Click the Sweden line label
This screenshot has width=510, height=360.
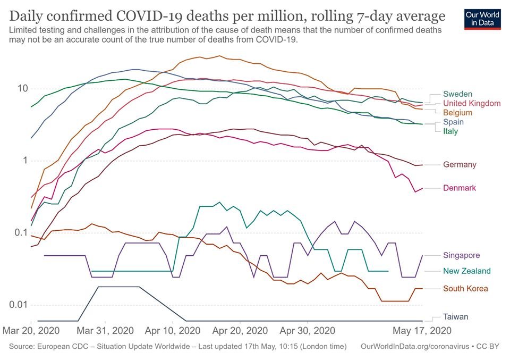click(x=457, y=94)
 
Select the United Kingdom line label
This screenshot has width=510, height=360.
click(x=471, y=103)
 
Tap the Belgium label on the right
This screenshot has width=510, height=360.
click(x=457, y=113)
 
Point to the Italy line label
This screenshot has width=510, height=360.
click(x=450, y=131)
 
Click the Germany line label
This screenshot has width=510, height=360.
click(x=460, y=165)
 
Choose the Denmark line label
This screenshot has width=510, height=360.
click(x=459, y=188)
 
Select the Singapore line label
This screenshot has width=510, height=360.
click(x=462, y=256)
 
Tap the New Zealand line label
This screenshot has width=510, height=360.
click(x=466, y=271)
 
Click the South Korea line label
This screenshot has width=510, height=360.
click(x=465, y=289)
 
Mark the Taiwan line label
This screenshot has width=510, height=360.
click(x=456, y=317)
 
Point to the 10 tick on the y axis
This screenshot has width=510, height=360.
click(x=21, y=89)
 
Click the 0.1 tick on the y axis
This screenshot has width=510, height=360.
click(x=19, y=233)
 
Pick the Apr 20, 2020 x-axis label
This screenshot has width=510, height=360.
click(x=240, y=330)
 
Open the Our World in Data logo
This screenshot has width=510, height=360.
click(x=482, y=18)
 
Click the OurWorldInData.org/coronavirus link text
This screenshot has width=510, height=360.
click(x=414, y=346)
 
